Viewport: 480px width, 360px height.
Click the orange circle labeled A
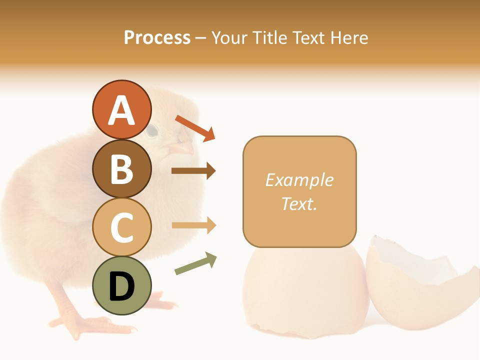click(121, 110)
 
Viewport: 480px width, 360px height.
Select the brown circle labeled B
click(121, 169)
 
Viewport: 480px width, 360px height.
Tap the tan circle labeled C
click(121, 227)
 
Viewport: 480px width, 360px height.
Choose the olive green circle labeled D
click(121, 286)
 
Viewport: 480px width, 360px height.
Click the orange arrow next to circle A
click(195, 128)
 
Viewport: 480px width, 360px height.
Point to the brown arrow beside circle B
click(193, 171)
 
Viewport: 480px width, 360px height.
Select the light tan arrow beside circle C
click(193, 225)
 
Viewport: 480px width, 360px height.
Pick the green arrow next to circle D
click(195, 263)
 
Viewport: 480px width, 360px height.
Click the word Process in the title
click(157, 37)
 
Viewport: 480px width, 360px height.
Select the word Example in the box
click(299, 180)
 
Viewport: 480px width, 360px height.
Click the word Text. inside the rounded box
click(299, 203)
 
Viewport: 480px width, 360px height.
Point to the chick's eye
click(152, 131)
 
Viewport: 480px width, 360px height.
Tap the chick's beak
click(180, 147)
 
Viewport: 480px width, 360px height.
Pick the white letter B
click(121, 169)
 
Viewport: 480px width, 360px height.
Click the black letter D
click(121, 287)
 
